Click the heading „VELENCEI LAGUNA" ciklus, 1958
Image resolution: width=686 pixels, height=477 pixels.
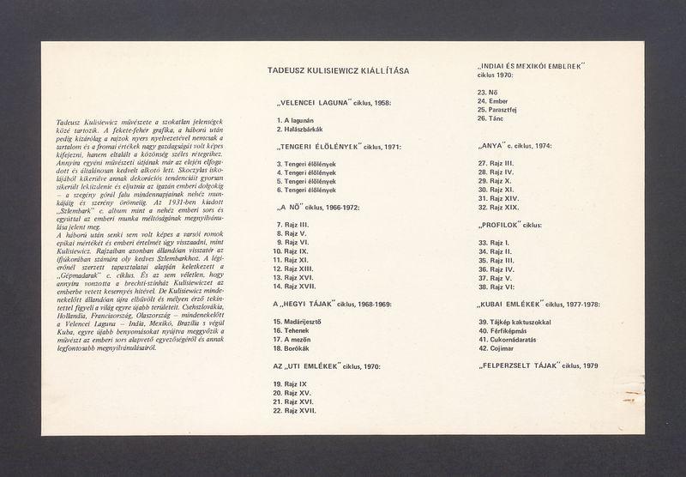(x=331, y=103)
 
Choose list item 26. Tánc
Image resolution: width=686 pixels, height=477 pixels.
(x=491, y=118)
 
